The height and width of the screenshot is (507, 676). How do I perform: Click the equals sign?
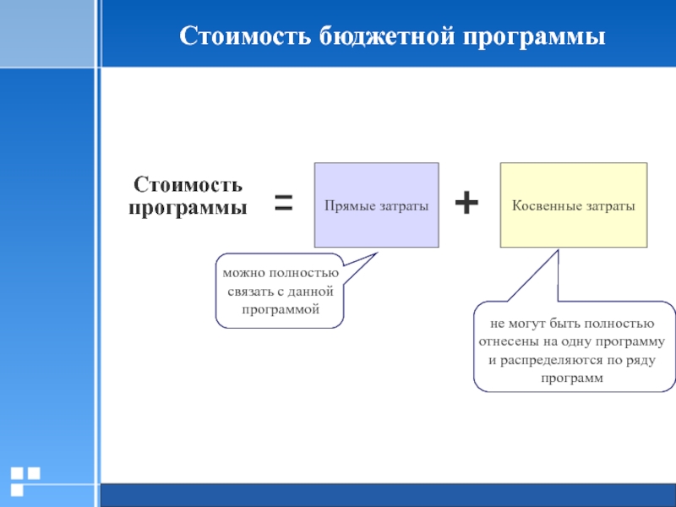283,203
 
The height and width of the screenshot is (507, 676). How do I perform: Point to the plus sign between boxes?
466,202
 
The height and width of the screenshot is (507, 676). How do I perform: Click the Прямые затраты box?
376,204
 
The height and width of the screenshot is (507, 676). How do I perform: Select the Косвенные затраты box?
573,204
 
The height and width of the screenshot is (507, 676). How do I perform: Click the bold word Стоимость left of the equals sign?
188,184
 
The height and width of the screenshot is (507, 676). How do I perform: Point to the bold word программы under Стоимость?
188,207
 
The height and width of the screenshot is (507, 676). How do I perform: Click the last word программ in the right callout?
574,379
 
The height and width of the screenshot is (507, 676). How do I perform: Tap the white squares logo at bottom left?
25,479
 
